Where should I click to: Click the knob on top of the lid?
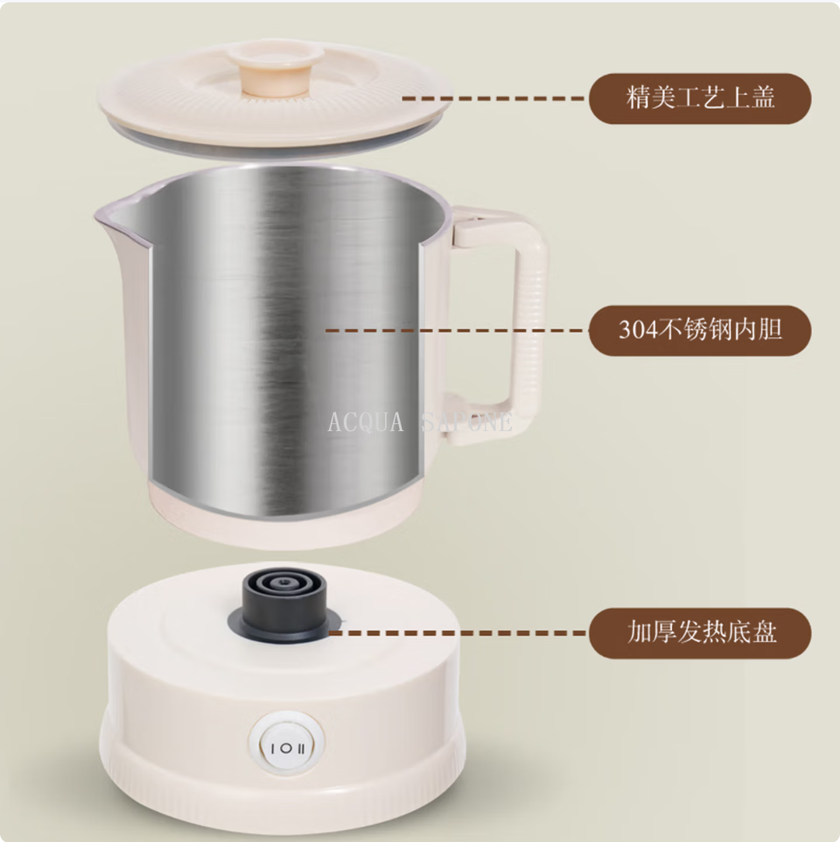(x=275, y=70)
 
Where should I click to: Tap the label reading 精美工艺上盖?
(x=700, y=99)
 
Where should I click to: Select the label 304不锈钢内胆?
(x=700, y=330)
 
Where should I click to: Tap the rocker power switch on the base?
(x=287, y=746)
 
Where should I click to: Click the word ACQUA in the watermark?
(x=366, y=422)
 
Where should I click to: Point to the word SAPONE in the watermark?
(x=467, y=422)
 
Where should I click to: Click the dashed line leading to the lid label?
(x=493, y=98)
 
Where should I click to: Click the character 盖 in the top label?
(x=763, y=98)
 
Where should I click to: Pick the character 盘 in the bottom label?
(x=764, y=632)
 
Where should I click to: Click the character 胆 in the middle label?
(x=770, y=329)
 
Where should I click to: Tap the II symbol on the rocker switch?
(x=301, y=749)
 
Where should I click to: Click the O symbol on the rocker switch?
(x=287, y=748)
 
